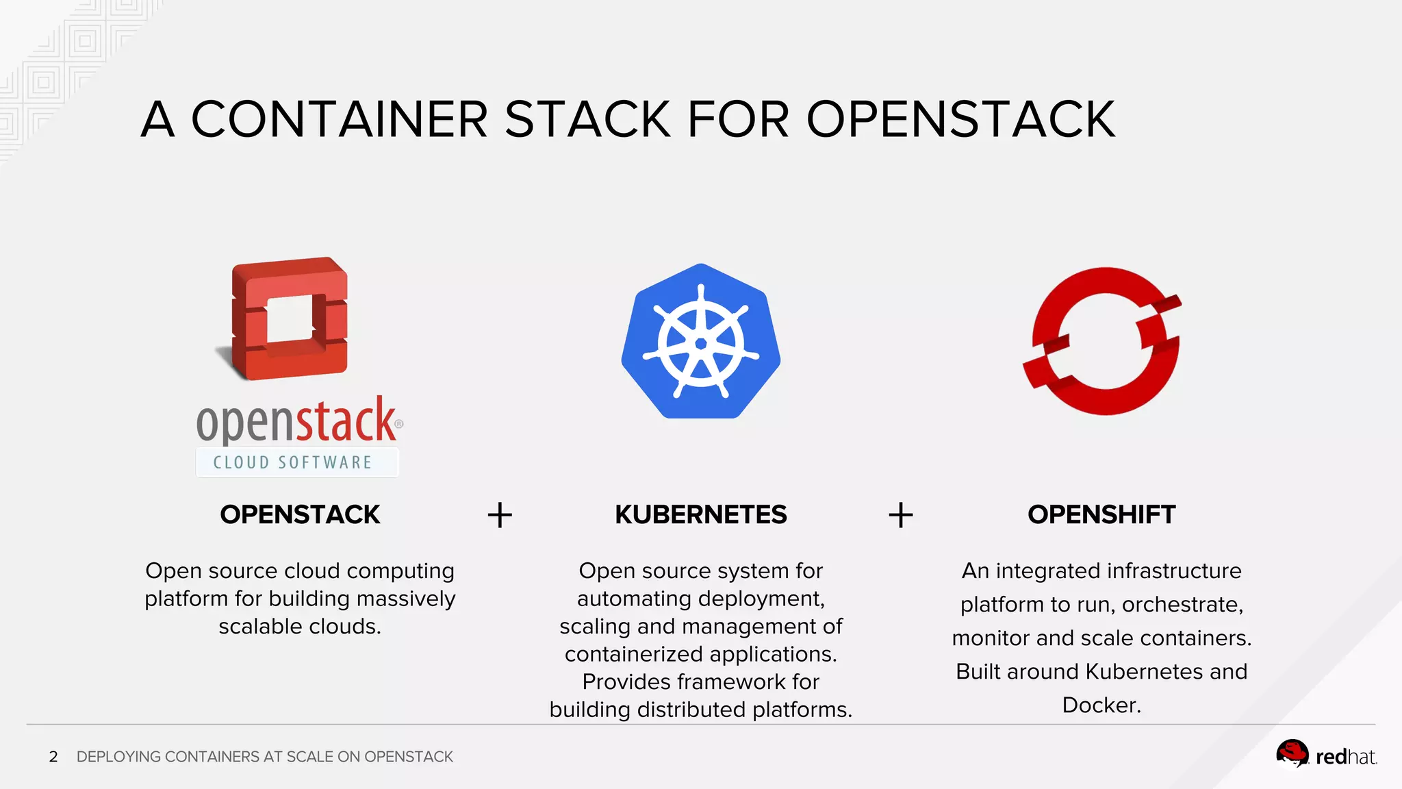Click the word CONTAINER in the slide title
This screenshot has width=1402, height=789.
point(339,119)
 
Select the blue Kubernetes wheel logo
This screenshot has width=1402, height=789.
point(701,341)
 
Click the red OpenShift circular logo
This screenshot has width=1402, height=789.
point(1103,341)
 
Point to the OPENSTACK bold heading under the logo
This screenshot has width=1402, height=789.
point(300,514)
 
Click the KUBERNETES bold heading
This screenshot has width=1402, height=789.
point(701,514)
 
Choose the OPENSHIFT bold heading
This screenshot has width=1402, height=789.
point(1101,514)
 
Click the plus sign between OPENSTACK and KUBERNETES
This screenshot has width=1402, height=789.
point(500,515)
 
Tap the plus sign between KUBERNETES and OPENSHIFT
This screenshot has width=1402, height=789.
point(901,515)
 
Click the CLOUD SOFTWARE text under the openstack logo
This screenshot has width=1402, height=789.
point(293,463)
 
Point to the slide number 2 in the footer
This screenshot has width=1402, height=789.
point(53,757)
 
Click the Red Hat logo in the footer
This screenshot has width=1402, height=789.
point(1326,756)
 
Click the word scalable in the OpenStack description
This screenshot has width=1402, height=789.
point(260,626)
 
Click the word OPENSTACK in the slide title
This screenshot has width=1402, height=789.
point(960,119)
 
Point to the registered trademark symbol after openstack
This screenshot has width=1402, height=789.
point(399,424)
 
